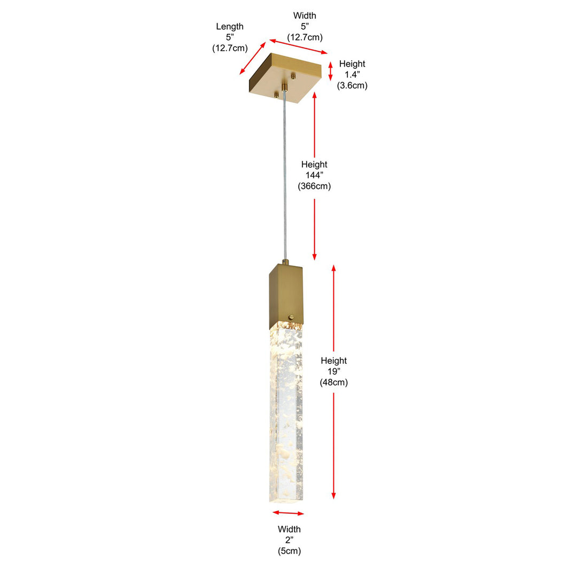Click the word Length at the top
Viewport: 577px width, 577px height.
[x=230, y=27]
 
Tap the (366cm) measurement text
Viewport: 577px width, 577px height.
[x=314, y=186]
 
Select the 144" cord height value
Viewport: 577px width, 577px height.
[x=314, y=175]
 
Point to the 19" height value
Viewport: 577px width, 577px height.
[x=334, y=371]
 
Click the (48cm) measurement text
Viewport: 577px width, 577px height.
[x=334, y=382]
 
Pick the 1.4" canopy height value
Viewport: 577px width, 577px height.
[x=352, y=74]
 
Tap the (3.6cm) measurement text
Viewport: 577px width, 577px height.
[x=352, y=85]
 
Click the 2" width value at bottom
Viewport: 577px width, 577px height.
[x=289, y=540]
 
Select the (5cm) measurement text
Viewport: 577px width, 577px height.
[x=289, y=551]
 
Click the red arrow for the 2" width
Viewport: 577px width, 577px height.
[x=288, y=513]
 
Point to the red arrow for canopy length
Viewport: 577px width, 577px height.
[x=253, y=58]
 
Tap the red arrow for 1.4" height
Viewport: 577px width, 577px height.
[x=331, y=71]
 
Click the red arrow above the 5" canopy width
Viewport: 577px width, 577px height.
[x=299, y=46]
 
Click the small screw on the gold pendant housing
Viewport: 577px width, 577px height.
[x=292, y=316]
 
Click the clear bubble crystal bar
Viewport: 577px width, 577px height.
[x=286, y=412]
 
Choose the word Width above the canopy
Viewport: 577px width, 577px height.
[x=305, y=15]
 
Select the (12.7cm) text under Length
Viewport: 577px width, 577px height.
[x=230, y=48]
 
